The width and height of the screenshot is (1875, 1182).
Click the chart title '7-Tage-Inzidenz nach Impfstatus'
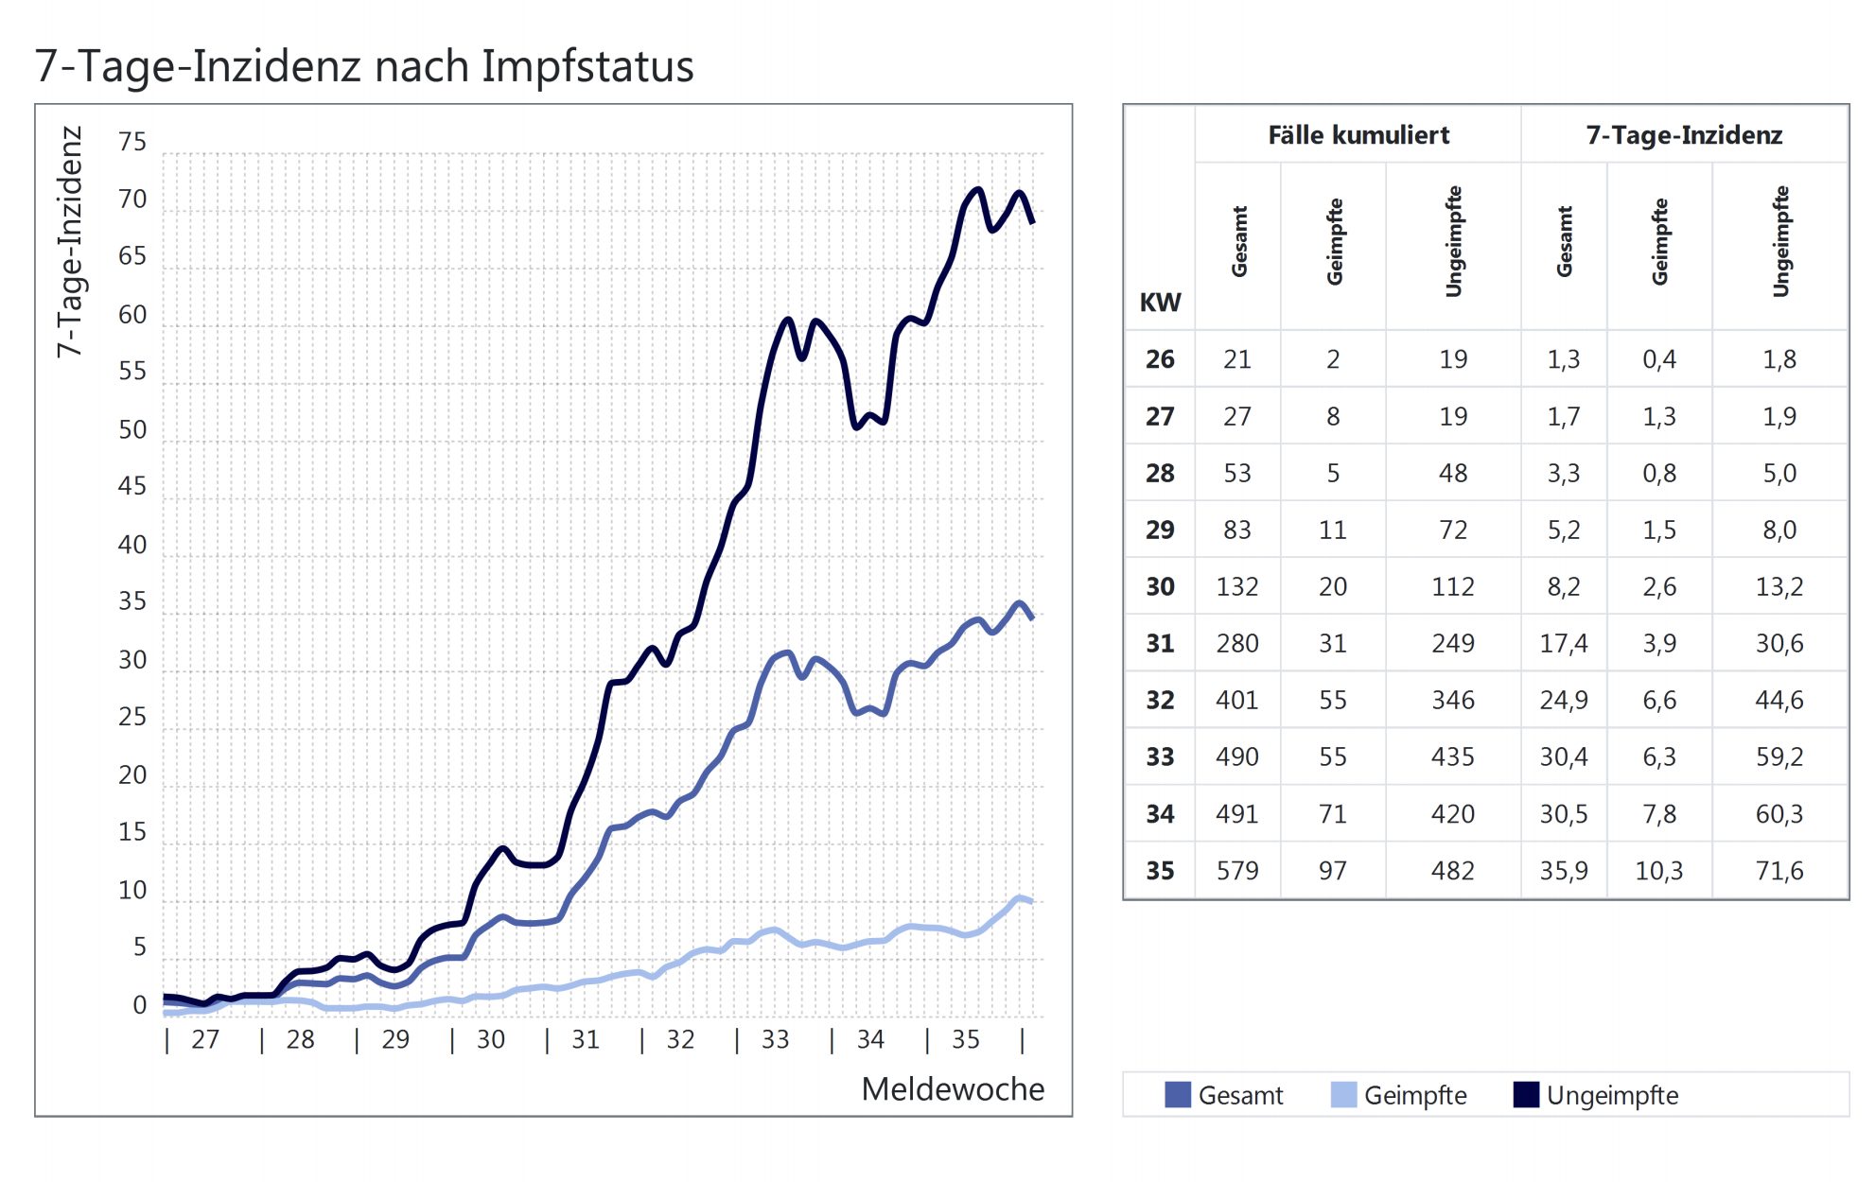(364, 66)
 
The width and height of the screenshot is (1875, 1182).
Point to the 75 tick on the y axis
(132, 142)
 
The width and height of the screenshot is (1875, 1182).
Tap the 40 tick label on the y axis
(132, 545)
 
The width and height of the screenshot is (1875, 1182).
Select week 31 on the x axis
(586, 1039)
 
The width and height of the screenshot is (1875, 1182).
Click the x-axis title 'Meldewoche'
(953, 1089)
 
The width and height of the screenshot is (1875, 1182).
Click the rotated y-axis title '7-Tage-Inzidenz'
(70, 241)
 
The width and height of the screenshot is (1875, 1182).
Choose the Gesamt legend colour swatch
(1178, 1095)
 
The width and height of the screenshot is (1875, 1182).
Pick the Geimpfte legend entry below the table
(1415, 1095)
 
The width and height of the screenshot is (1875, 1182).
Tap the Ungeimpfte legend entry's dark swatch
(1526, 1095)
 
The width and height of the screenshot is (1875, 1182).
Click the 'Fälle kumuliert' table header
(1358, 135)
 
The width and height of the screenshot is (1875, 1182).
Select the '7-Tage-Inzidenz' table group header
(1684, 135)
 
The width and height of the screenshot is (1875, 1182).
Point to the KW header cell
(1160, 303)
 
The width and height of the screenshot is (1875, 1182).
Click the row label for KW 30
(1160, 586)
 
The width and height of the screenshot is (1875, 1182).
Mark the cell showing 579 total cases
(1237, 870)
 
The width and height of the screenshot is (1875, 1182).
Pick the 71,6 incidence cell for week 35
(1779, 870)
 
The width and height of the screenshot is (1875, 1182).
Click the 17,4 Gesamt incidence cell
(1563, 643)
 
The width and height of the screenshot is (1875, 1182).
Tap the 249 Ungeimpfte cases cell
(1452, 643)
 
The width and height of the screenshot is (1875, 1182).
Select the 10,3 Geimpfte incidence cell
(1658, 870)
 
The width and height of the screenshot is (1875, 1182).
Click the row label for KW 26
(1160, 359)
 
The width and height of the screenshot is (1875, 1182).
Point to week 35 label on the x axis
(966, 1039)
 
